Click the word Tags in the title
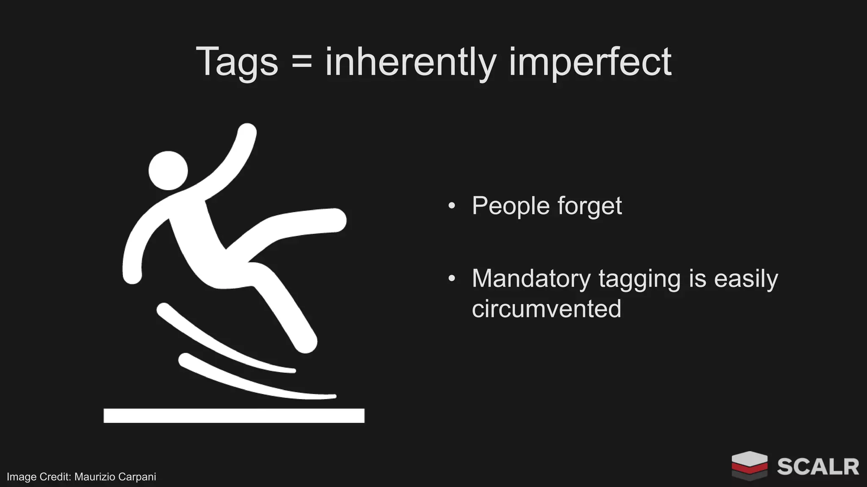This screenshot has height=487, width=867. [237, 63]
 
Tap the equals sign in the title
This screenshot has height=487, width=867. [301, 63]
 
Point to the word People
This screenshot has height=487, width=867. [510, 206]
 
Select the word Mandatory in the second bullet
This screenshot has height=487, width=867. [531, 279]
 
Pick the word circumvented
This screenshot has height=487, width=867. [546, 309]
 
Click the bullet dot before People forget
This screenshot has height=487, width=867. [452, 206]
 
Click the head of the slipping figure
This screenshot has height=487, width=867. [168, 170]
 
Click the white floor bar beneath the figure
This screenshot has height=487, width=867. [234, 416]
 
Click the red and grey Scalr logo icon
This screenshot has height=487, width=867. [749, 465]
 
